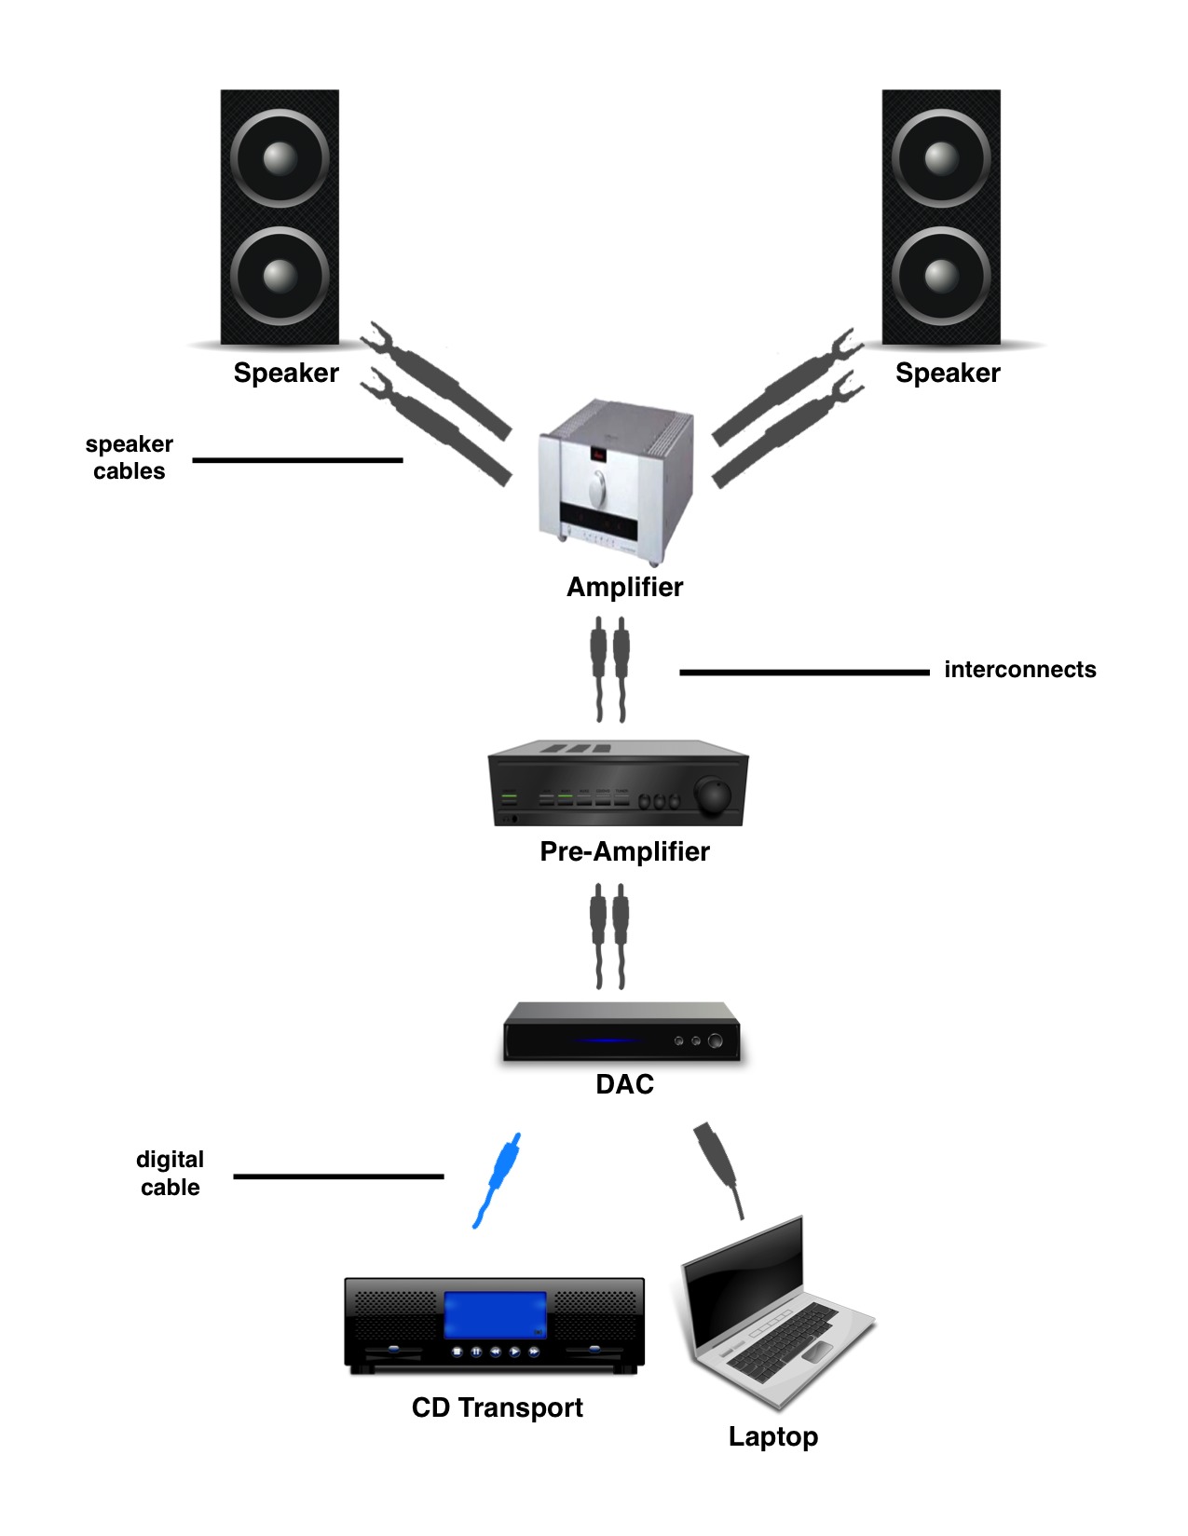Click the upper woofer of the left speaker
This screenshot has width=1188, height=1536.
280,157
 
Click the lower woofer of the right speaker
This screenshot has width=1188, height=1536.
941,276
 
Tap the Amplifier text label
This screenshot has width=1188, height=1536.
624,587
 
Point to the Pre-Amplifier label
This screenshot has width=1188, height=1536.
624,851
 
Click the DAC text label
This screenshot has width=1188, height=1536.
624,1084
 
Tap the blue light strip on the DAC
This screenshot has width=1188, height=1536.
610,1040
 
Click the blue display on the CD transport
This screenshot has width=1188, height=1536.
495,1315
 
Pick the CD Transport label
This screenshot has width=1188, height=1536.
497,1407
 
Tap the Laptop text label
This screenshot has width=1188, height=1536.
772,1436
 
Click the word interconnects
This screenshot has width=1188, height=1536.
1019,670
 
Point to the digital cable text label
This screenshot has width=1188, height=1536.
170,1174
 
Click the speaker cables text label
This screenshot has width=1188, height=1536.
130,457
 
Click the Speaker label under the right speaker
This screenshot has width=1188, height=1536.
947,374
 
